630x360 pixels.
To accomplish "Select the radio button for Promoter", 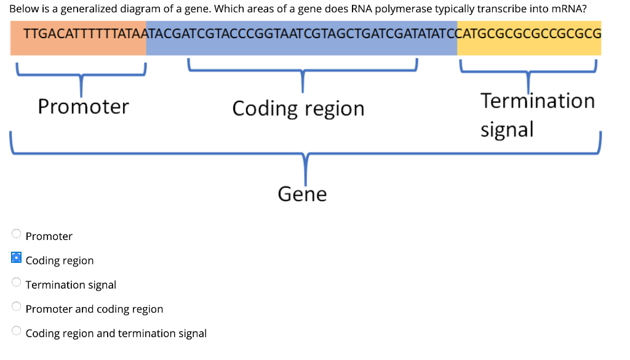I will (17, 234).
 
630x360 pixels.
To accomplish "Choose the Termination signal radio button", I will (17, 282).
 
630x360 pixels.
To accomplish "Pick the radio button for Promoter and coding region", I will (17, 306).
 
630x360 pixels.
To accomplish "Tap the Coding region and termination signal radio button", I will (17, 331).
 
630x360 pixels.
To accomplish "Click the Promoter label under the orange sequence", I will (83, 106).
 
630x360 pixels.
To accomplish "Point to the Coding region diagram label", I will (298, 108).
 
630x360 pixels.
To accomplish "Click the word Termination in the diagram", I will (538, 100).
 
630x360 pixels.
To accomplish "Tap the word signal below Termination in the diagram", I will (506, 129).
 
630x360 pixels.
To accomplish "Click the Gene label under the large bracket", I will (302, 194).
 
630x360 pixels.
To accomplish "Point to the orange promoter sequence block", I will (78, 38).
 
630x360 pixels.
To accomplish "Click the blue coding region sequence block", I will (301, 38).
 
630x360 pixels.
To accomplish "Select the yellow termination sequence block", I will (529, 38).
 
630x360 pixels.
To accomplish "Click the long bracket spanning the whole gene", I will (305, 153).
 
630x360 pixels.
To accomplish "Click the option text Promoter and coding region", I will (94, 309).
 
